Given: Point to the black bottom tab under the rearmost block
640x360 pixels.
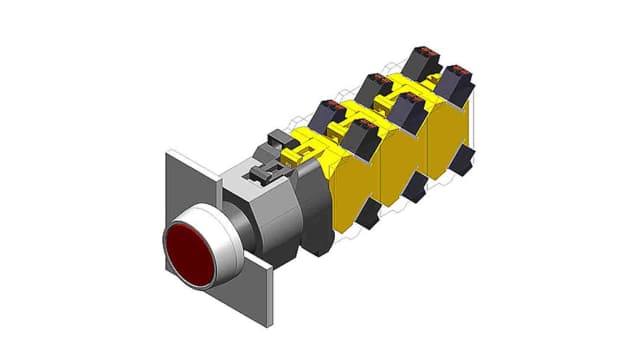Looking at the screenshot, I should [x=463, y=159].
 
